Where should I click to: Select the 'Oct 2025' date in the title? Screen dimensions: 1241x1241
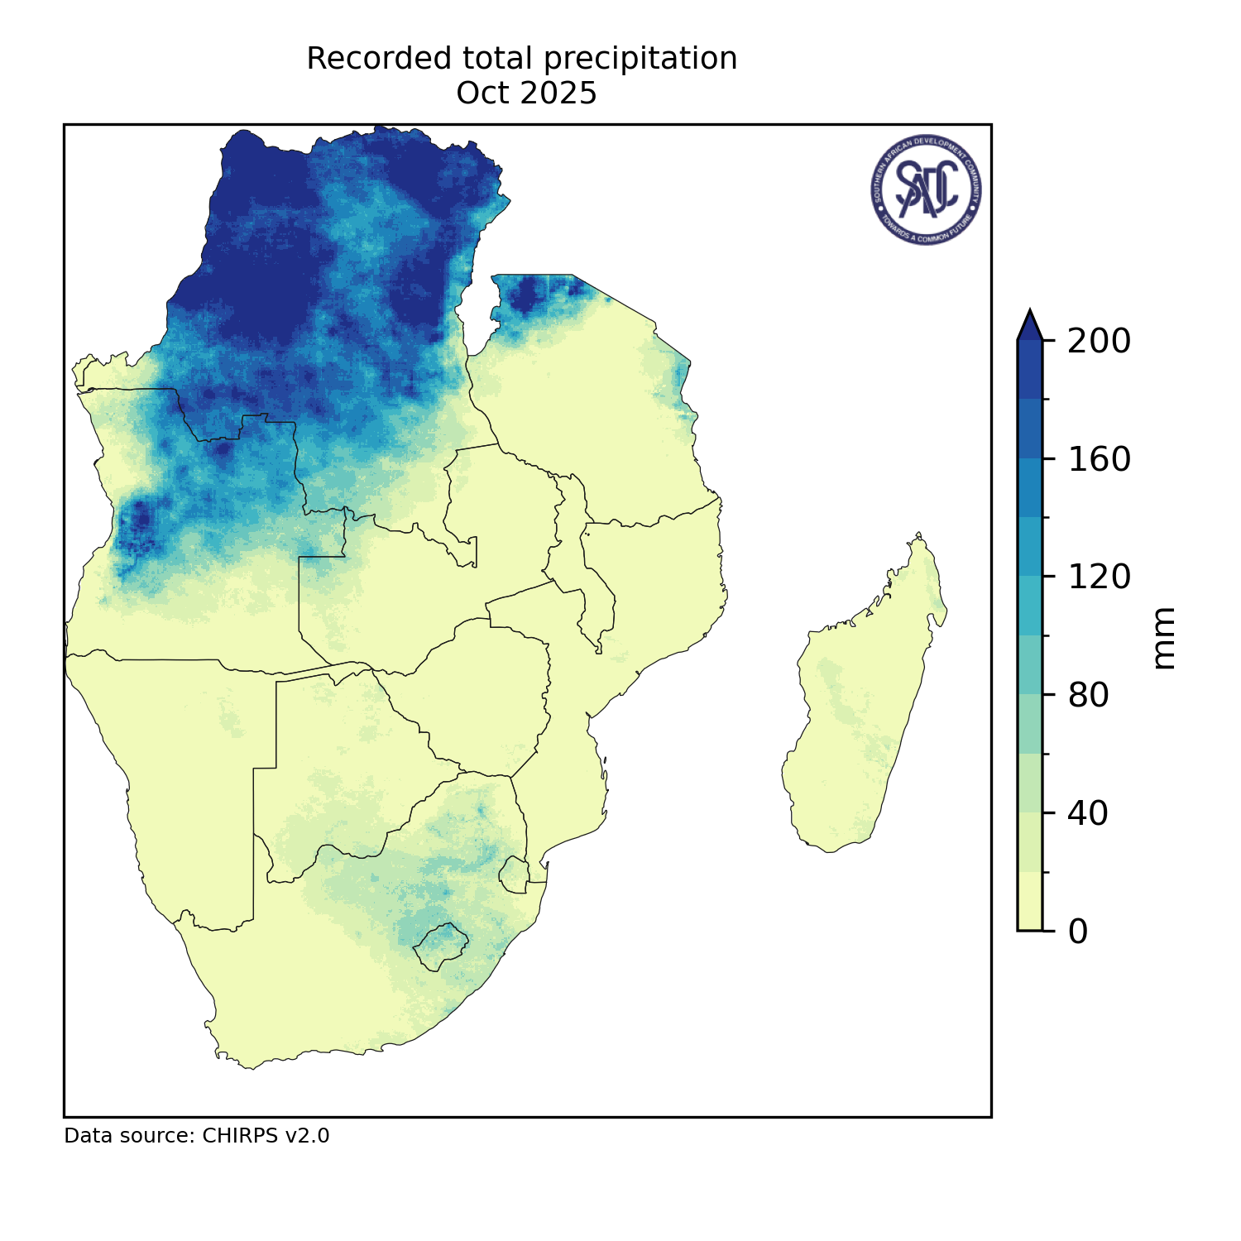(x=526, y=93)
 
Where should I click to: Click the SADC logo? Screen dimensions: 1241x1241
(x=927, y=189)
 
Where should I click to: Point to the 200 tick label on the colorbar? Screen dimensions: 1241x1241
(x=1099, y=341)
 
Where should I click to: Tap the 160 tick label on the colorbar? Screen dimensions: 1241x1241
(x=1099, y=459)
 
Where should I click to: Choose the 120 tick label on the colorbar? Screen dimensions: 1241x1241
(x=1099, y=577)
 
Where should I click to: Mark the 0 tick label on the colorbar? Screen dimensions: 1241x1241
(x=1078, y=932)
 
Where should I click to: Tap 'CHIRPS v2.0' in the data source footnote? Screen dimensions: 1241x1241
(x=266, y=1136)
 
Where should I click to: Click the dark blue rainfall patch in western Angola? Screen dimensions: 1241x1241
(x=137, y=521)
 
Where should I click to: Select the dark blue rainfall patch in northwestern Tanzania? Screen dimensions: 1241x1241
(x=529, y=294)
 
